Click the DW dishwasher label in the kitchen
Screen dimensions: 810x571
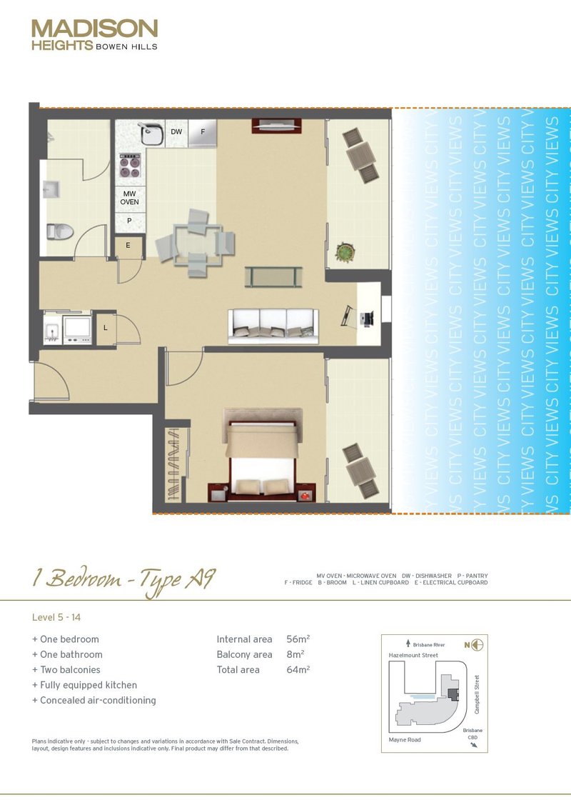[176, 132]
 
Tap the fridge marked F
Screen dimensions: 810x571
[203, 132]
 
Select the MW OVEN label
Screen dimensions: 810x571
[129, 198]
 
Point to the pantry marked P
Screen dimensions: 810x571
[129, 221]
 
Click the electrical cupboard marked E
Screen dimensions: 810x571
[128, 246]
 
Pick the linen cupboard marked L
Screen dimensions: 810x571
[106, 328]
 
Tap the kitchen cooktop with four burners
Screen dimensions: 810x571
[130, 166]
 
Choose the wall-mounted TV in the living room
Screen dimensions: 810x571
[269, 126]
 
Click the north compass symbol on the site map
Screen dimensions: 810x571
[477, 645]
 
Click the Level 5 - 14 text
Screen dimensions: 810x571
[62, 616]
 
